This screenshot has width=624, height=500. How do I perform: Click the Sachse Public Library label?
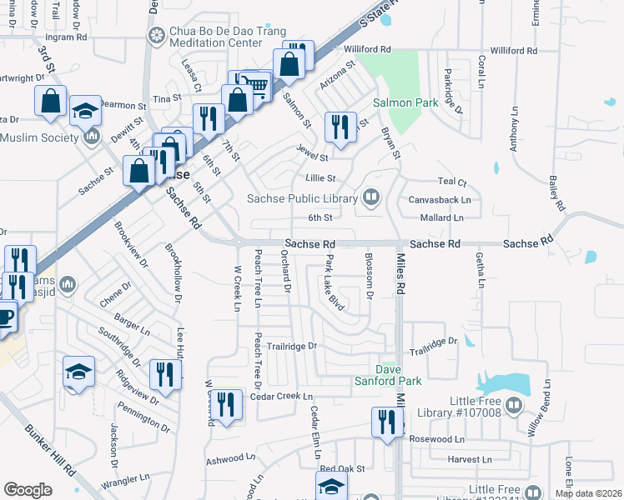302,197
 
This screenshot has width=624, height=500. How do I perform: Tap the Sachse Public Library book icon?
371,197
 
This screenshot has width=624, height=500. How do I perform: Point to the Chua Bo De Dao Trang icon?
155,35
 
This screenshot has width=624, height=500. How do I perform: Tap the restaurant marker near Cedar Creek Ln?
226,404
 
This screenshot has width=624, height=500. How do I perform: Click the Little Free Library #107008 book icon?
514,406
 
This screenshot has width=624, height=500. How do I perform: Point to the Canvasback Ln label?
440,200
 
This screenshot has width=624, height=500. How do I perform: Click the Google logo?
28,490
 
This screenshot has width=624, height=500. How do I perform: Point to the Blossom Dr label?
369,279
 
